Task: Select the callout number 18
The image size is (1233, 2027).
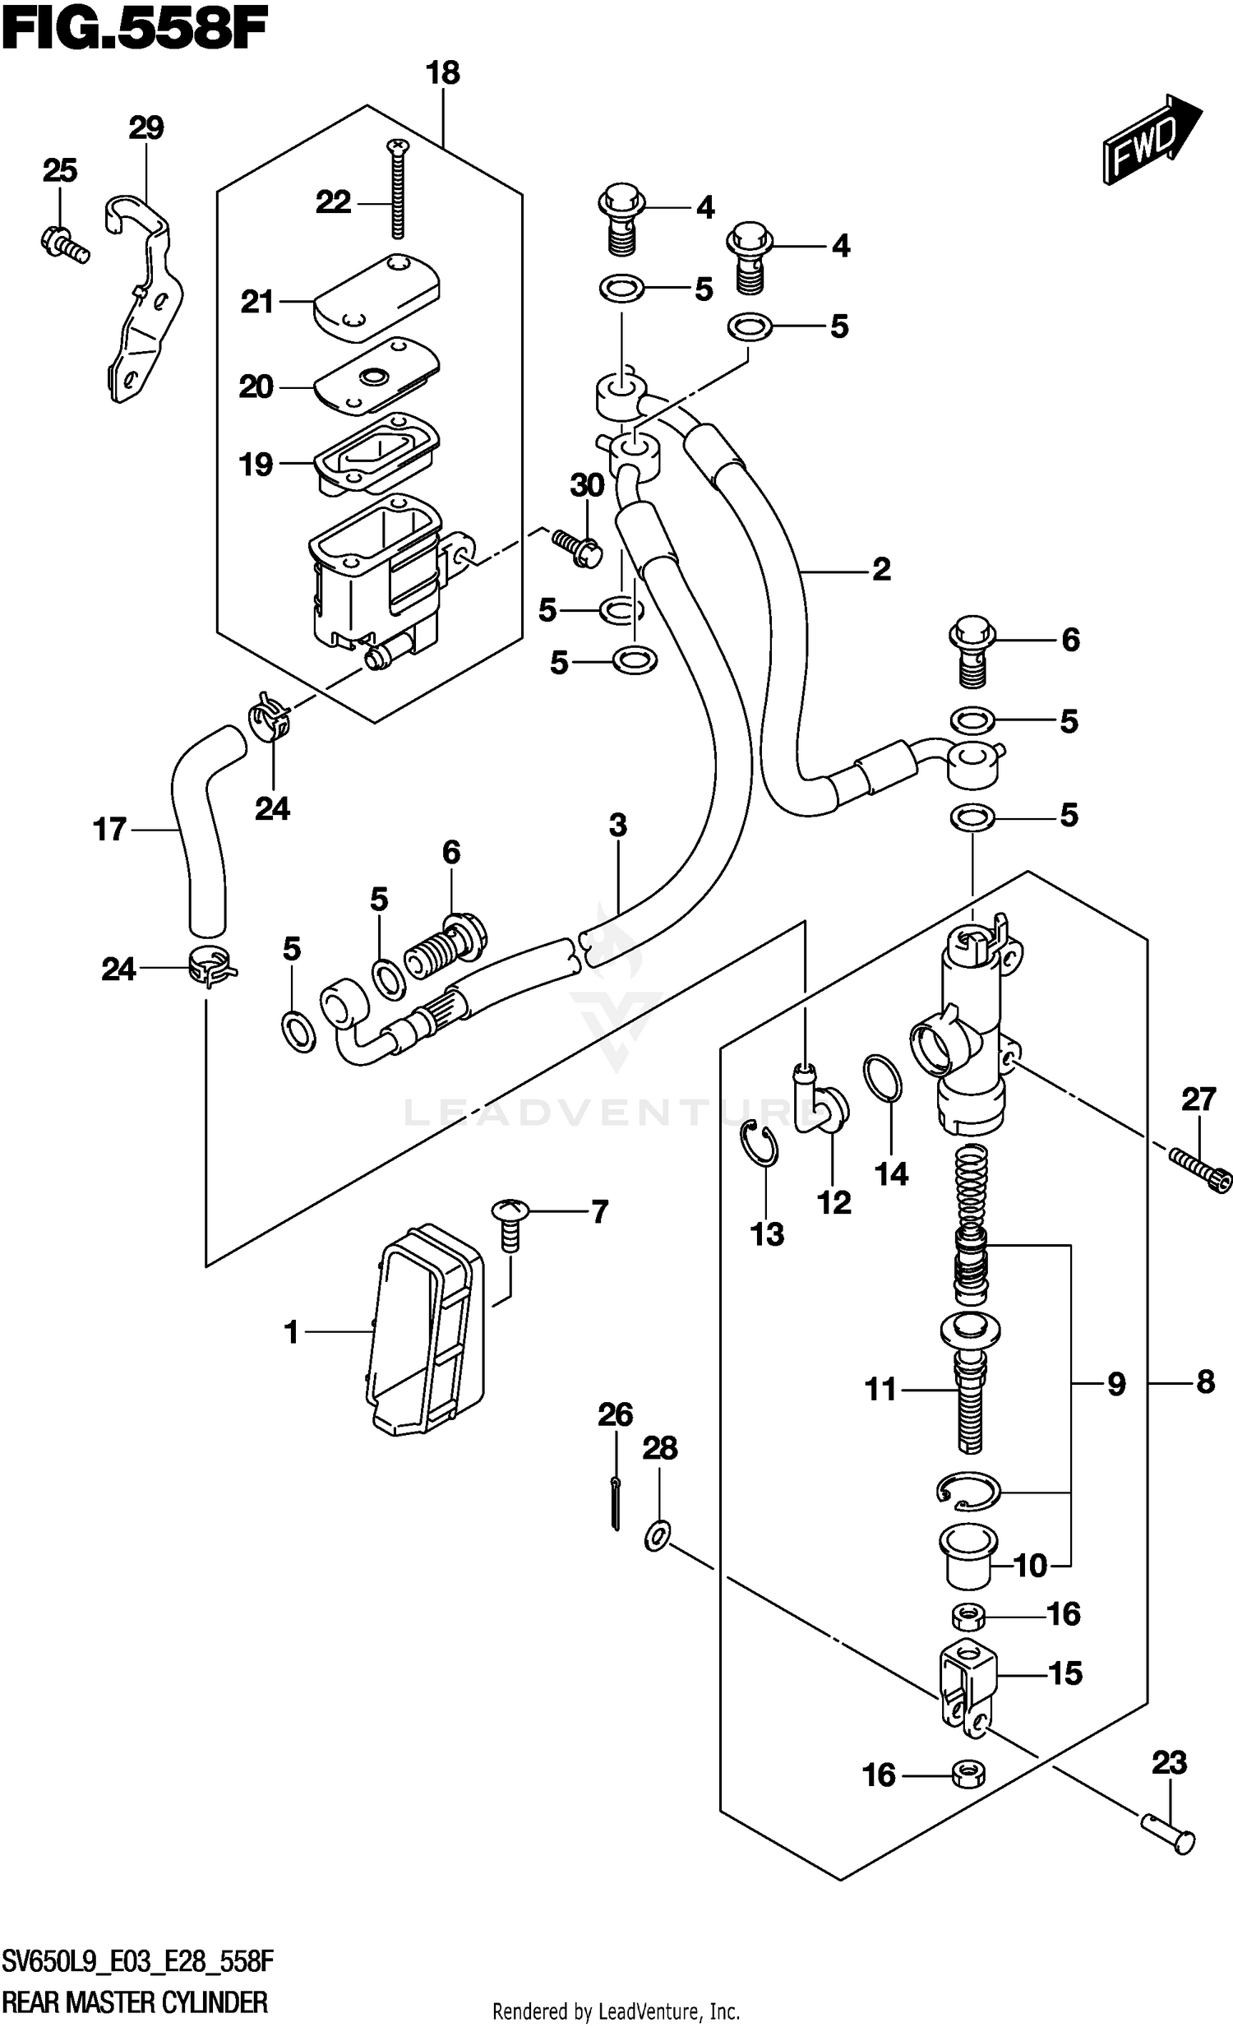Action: click(x=442, y=73)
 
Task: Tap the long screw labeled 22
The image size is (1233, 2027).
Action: click(x=399, y=187)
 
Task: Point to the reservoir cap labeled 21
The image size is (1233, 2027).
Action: click(x=376, y=298)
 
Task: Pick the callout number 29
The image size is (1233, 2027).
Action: click(x=146, y=127)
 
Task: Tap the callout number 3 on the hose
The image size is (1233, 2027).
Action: click(x=618, y=825)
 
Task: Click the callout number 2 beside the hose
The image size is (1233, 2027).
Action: click(x=881, y=569)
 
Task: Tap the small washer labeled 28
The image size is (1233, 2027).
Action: click(x=658, y=1535)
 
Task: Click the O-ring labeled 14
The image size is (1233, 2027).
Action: click(x=880, y=1078)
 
